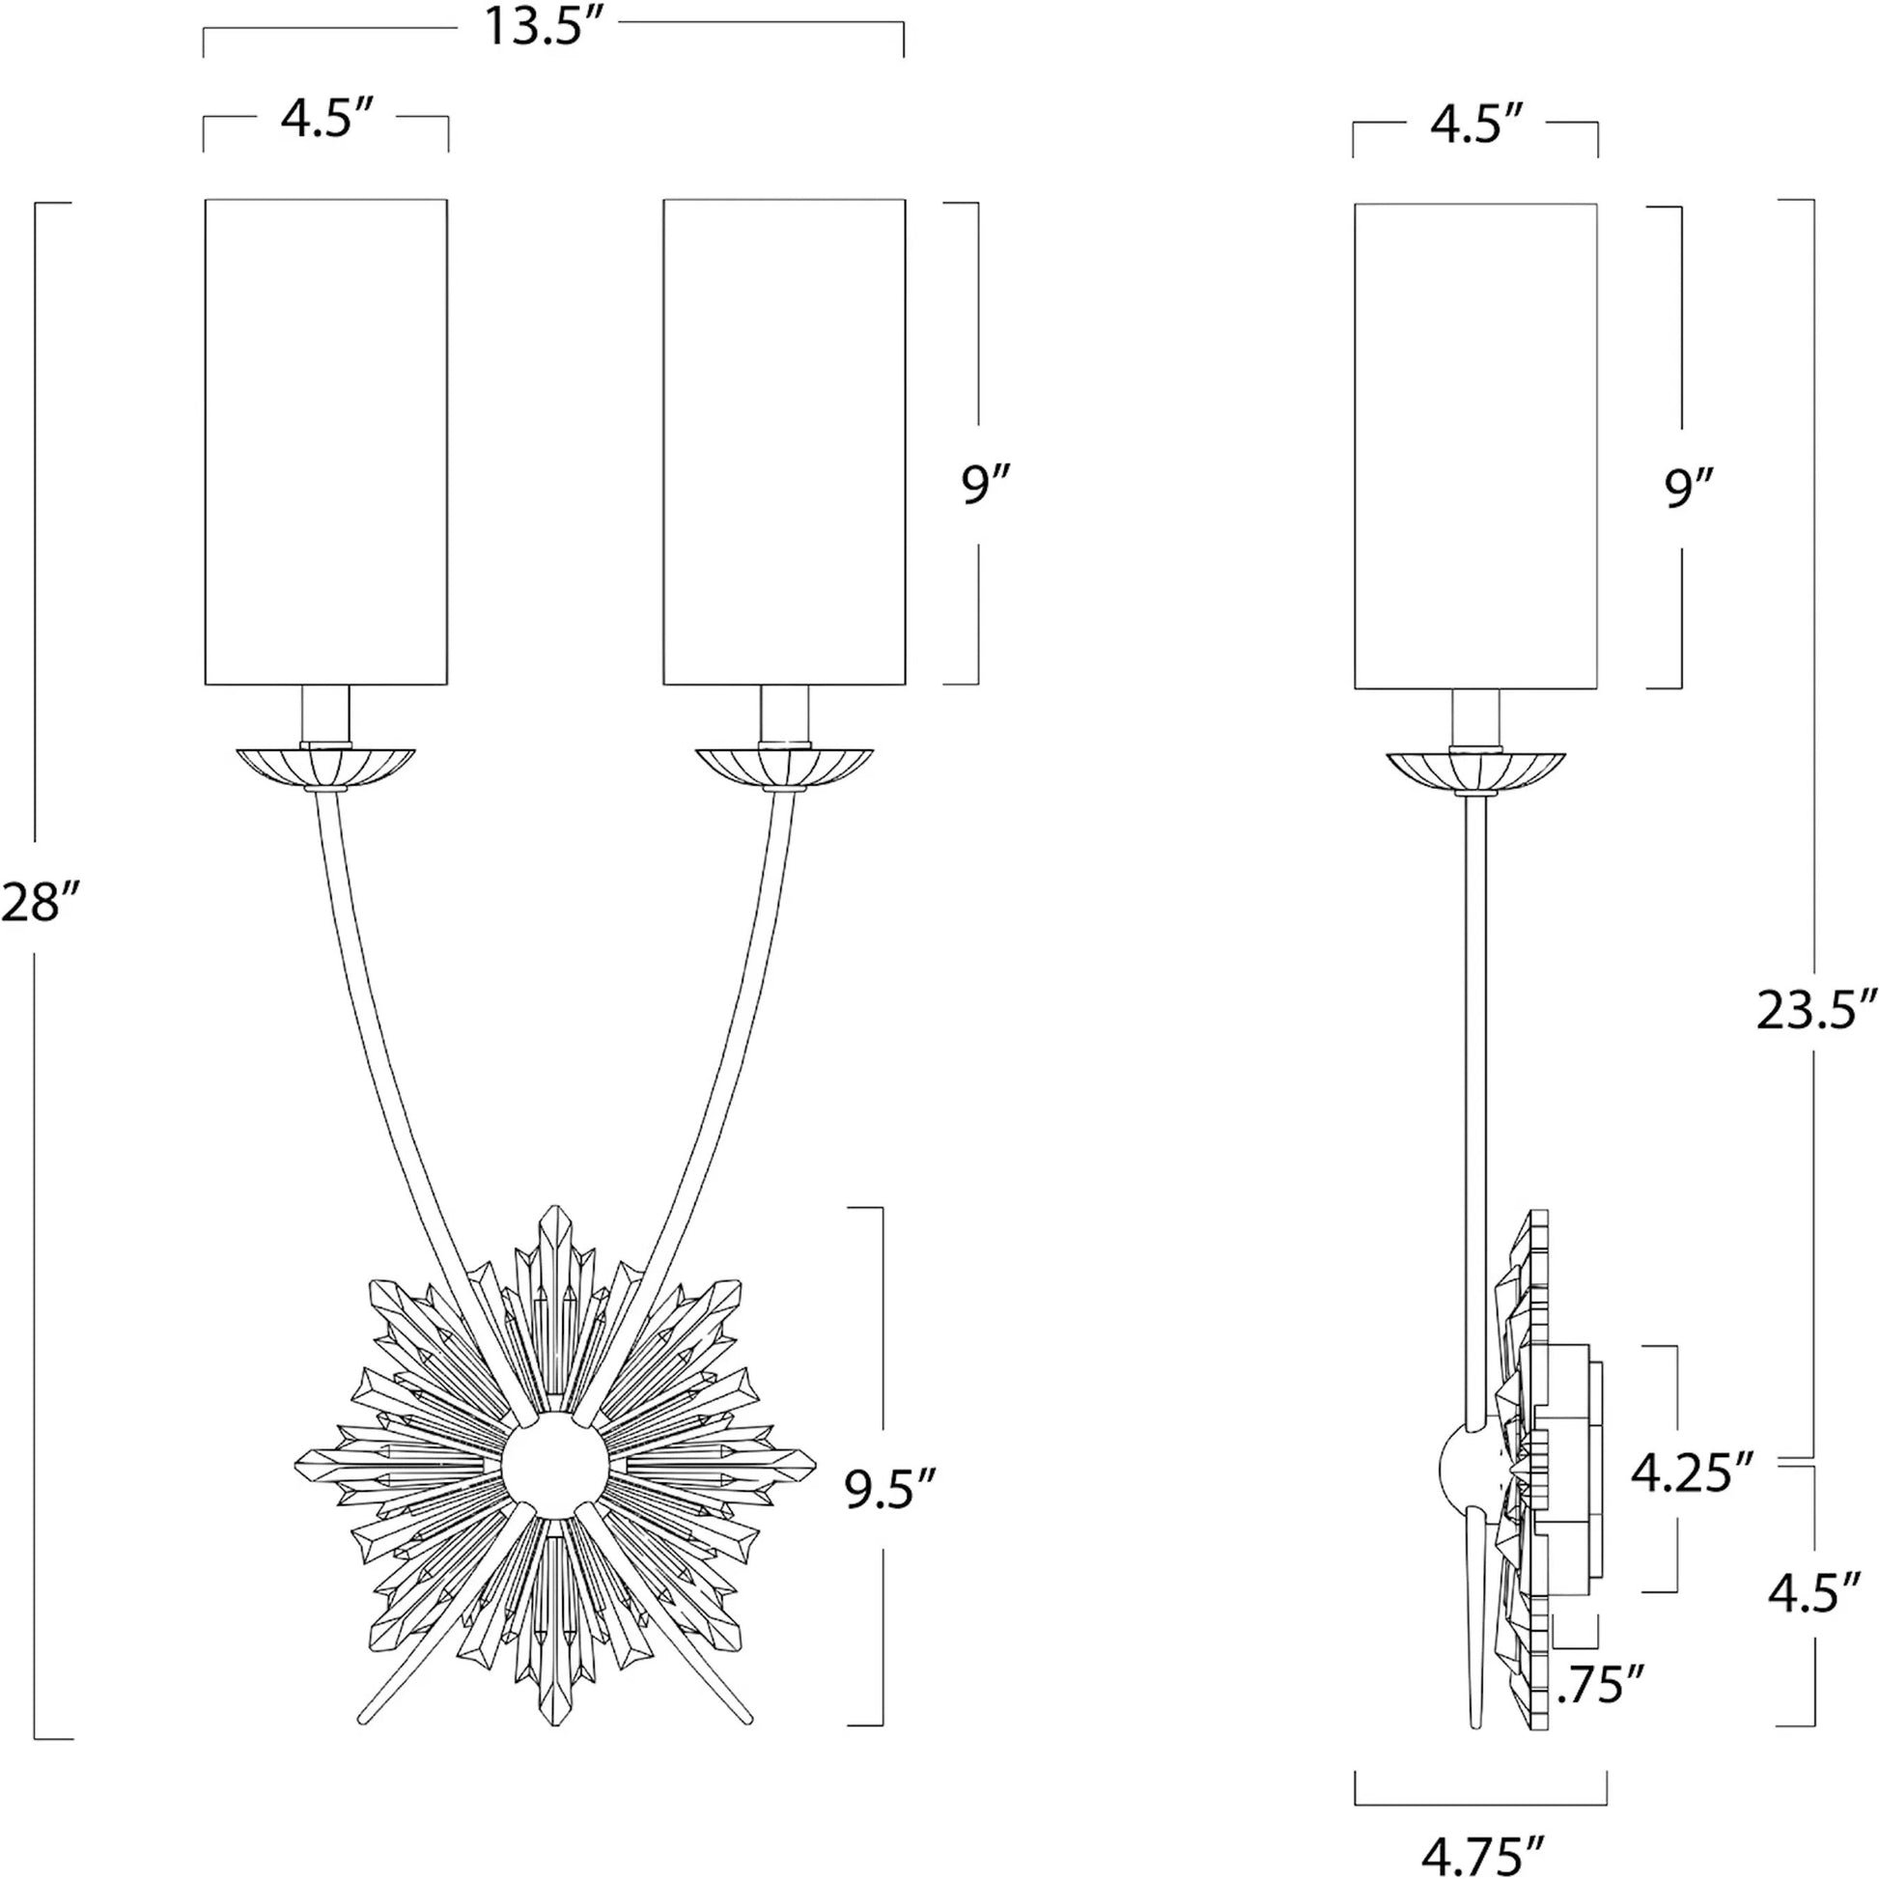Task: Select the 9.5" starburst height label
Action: pos(891,1489)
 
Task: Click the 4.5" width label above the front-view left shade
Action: pos(324,121)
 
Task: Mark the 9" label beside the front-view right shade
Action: pos(986,485)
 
